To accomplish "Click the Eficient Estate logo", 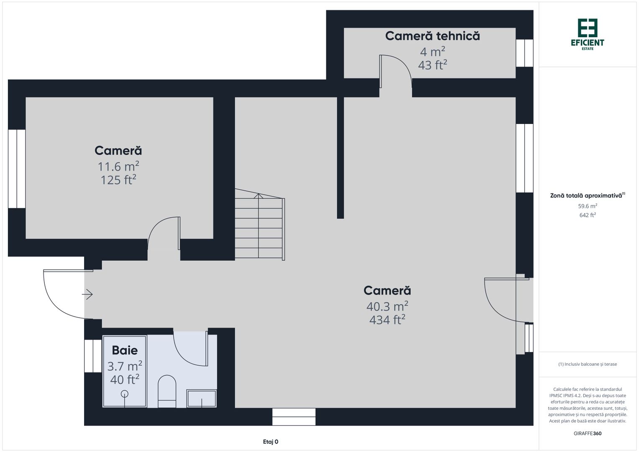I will click(x=588, y=34).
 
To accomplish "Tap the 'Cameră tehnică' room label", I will click(x=432, y=36).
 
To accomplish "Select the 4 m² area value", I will click(x=432, y=52).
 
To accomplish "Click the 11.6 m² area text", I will click(x=118, y=167).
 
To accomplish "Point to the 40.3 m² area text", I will click(x=387, y=306).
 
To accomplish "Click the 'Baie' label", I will click(x=125, y=350).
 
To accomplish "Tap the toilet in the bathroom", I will click(x=167, y=390).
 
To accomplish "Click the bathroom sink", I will click(x=202, y=398).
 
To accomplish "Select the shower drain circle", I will click(x=125, y=393).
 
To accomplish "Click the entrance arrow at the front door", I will click(x=87, y=295).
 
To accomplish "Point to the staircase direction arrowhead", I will click(x=259, y=195).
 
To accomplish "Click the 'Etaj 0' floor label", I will click(x=270, y=442).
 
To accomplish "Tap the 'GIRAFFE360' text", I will click(x=588, y=434).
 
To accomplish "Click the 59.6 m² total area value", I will click(x=588, y=206).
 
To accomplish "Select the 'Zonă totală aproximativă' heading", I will click(x=586, y=195).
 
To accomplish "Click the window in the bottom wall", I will click(x=294, y=417).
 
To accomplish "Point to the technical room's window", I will click(x=524, y=53).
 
